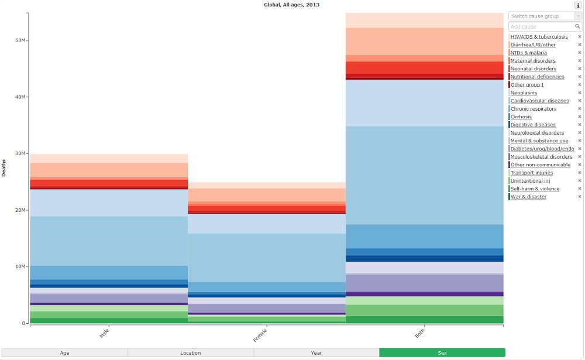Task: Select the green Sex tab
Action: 442,352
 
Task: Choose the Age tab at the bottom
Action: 64,352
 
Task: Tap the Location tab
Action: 191,352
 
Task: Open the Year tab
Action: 316,352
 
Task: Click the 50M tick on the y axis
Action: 20,40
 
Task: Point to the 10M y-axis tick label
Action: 20,267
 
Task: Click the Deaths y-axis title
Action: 5,167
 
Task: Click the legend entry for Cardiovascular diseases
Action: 539,101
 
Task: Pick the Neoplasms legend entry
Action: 524,92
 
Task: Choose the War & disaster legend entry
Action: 528,197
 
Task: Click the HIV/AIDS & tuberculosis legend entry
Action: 539,36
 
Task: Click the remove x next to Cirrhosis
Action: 580,116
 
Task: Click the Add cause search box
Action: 541,26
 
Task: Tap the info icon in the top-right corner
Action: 578,5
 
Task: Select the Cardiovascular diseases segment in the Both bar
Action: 425,175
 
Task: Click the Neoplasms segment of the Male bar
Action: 109,203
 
